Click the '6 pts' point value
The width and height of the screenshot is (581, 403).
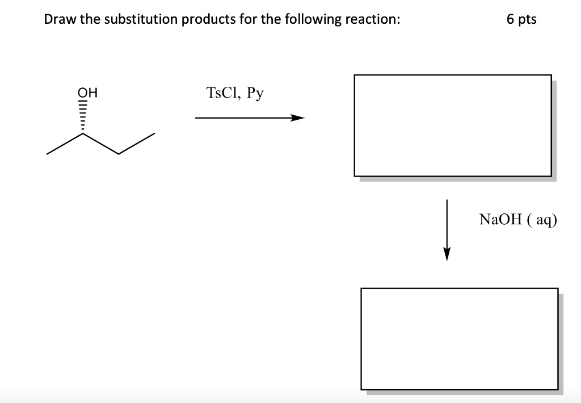[521, 19]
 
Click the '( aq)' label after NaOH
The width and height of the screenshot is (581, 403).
[539, 220]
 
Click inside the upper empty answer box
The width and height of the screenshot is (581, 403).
[453, 125]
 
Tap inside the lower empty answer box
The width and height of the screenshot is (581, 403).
[459, 338]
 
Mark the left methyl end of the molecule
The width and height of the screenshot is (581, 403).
[48, 153]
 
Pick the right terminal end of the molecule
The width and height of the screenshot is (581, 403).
[154, 135]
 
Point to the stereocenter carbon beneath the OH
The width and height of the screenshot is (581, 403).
[83, 134]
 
